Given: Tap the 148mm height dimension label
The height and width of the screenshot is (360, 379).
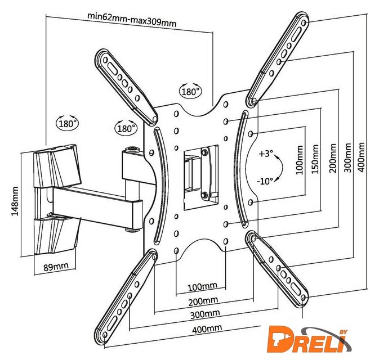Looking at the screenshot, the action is pyautogui.click(x=15, y=201).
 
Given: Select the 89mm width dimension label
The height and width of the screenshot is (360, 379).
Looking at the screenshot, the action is pyautogui.click(x=56, y=267).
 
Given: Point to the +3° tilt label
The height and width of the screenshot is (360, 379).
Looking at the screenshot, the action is pyautogui.click(x=266, y=154).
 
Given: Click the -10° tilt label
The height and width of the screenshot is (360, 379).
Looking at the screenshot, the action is pyautogui.click(x=265, y=181).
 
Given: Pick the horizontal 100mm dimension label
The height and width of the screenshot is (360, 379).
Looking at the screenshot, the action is pyautogui.click(x=203, y=287).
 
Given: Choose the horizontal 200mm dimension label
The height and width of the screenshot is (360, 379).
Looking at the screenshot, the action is pyautogui.click(x=203, y=301).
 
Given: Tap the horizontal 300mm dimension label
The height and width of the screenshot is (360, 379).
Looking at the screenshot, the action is pyautogui.click(x=205, y=314).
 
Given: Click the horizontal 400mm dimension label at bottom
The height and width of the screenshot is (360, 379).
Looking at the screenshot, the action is pyautogui.click(x=207, y=328).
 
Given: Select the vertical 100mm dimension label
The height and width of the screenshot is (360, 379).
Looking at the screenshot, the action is pyautogui.click(x=300, y=160).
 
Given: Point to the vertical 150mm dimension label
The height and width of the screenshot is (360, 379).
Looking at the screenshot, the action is pyautogui.click(x=315, y=159).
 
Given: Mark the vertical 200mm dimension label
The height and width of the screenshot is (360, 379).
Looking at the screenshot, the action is pyautogui.click(x=333, y=158).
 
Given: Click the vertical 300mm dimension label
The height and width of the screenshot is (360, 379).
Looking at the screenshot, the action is pyautogui.click(x=347, y=157).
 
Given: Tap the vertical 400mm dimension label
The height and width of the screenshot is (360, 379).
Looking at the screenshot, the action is pyautogui.click(x=361, y=157).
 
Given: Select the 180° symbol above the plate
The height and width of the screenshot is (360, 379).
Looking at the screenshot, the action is pyautogui.click(x=190, y=91).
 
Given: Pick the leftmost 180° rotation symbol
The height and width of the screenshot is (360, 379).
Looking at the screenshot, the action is pyautogui.click(x=67, y=123).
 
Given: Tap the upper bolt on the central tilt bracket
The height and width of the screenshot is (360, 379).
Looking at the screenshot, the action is pyautogui.click(x=204, y=152).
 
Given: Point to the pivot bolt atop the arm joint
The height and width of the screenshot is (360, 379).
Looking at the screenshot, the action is pyautogui.click(x=132, y=149).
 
